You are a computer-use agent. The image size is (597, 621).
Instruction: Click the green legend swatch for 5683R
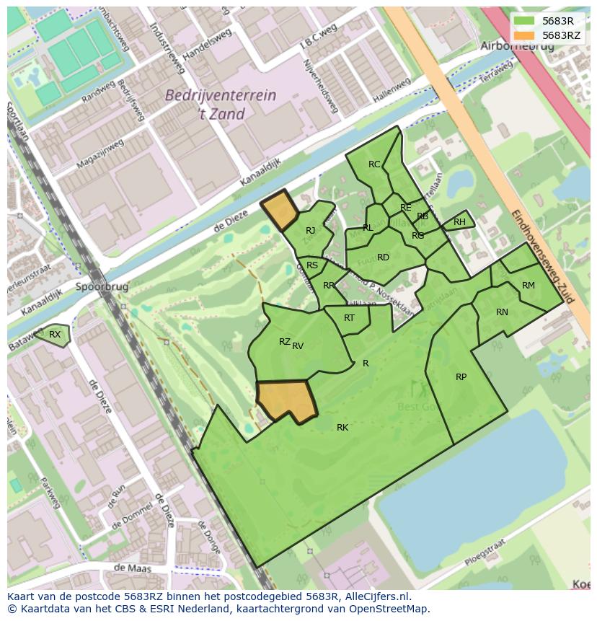click(524, 21)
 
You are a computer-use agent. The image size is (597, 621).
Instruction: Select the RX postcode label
click(55, 334)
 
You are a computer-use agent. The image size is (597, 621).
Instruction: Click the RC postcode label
click(374, 164)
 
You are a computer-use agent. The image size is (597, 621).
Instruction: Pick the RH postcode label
click(459, 222)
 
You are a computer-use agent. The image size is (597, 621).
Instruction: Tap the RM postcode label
click(529, 286)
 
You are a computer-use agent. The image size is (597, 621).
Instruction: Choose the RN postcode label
click(502, 312)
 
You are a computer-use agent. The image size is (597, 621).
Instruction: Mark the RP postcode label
click(461, 377)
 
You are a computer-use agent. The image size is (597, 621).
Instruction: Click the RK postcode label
click(342, 428)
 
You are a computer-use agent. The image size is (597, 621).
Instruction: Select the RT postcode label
click(349, 318)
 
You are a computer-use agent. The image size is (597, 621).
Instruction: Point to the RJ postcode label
click(310, 231)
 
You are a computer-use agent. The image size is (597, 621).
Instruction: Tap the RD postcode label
click(383, 257)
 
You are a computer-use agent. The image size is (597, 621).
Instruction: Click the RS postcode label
click(312, 265)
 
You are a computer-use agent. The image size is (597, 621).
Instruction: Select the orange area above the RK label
click(287, 398)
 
